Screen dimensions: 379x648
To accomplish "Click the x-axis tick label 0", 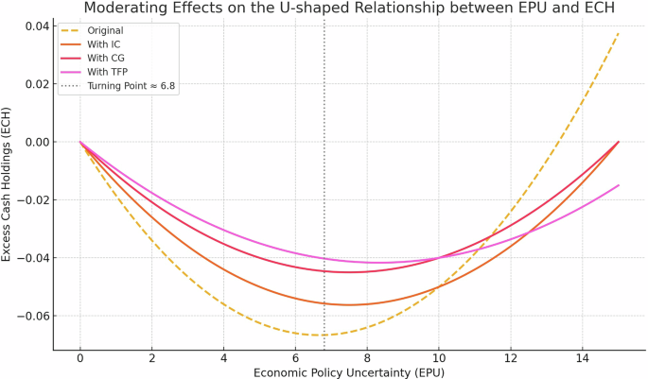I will pyautogui.click(x=80, y=359).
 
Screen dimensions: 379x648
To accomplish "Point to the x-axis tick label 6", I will pyautogui.click(x=295, y=359).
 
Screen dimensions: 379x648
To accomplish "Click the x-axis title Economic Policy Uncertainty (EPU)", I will pyautogui.click(x=349, y=372).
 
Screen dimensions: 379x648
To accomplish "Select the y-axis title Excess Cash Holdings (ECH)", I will pyautogui.click(x=9, y=188).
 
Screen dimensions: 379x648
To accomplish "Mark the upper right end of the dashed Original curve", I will pyautogui.click(x=619, y=33).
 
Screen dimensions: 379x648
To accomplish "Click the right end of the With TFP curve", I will pyautogui.click(x=619, y=185).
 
